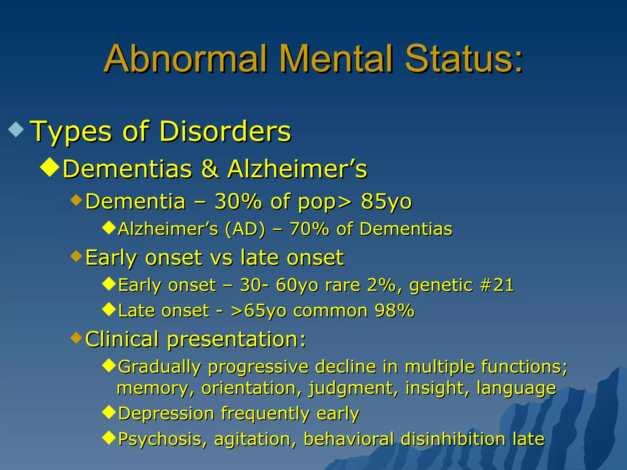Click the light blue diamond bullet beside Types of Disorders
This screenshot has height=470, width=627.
[16, 129]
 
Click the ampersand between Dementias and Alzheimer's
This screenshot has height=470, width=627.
[210, 169]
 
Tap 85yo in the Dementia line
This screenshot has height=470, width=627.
[386, 202]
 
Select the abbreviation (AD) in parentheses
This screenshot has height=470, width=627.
[245, 229]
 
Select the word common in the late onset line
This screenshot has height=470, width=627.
[330, 311]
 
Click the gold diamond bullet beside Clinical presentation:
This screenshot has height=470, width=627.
[76, 338]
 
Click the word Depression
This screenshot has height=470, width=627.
[166, 414]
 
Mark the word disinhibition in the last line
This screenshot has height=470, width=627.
[453, 439]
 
